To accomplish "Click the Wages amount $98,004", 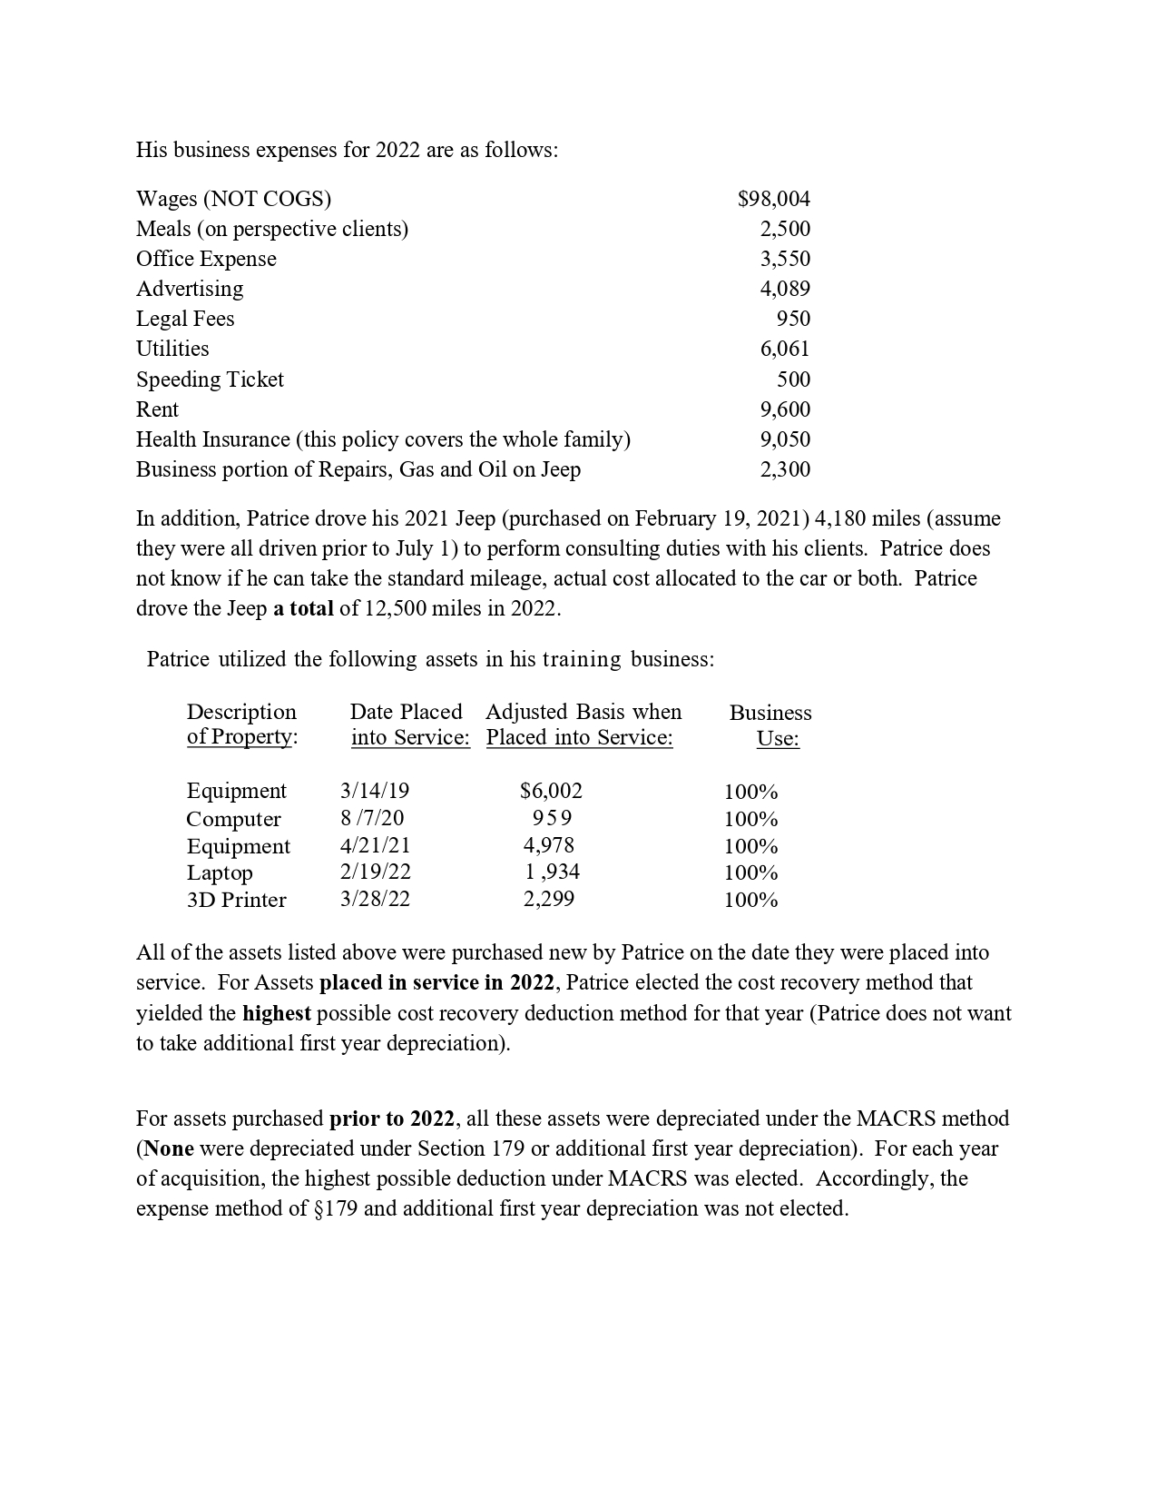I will click(x=773, y=199).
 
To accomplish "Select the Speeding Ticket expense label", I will click(x=210, y=379).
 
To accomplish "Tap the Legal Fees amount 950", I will click(x=793, y=319).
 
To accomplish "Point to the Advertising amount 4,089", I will click(x=785, y=289).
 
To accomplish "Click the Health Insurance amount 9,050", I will click(x=785, y=439).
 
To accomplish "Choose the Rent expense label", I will click(x=157, y=409).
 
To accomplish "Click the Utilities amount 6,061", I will click(x=785, y=349).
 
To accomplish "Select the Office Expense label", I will click(x=206, y=259).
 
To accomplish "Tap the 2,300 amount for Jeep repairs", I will click(x=785, y=469).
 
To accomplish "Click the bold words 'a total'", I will click(x=303, y=608).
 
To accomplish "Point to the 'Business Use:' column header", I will click(x=770, y=724).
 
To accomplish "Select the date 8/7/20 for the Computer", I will click(x=372, y=818).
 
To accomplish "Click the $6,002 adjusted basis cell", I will click(x=551, y=791).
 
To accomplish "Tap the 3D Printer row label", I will click(x=236, y=900).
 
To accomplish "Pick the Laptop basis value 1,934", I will click(x=552, y=872).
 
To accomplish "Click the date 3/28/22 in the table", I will click(x=375, y=900).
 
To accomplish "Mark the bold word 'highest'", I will click(x=276, y=1013).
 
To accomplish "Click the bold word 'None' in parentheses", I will click(x=169, y=1148).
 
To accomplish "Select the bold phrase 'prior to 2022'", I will click(x=391, y=1119).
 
